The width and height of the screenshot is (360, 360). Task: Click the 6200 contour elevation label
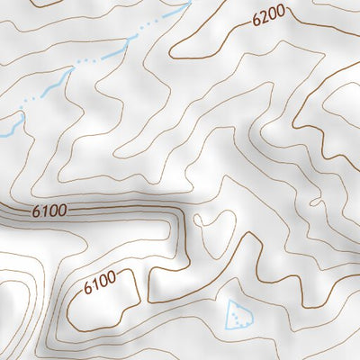click(269, 15)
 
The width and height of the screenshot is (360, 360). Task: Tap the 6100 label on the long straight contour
click(49, 212)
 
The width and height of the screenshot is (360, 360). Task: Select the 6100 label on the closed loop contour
click(99, 287)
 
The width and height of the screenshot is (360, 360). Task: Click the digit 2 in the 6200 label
click(264, 16)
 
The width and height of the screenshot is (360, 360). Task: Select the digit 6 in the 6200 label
click(256, 18)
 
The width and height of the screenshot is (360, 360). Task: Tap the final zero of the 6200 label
click(282, 13)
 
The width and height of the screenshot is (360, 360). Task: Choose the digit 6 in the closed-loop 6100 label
click(87, 290)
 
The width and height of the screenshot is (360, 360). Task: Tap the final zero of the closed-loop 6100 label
click(112, 283)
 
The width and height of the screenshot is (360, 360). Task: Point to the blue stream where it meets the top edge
click(189, 4)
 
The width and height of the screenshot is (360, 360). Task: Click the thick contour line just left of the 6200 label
click(236, 28)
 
